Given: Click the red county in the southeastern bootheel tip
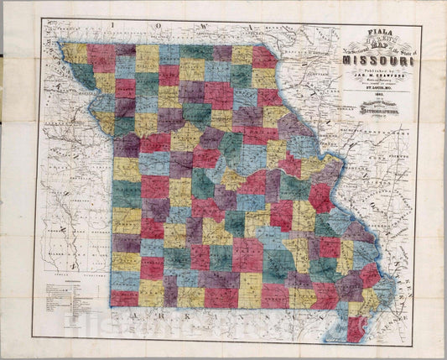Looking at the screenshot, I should point(356,328).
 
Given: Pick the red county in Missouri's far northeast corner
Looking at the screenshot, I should point(263,57).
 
